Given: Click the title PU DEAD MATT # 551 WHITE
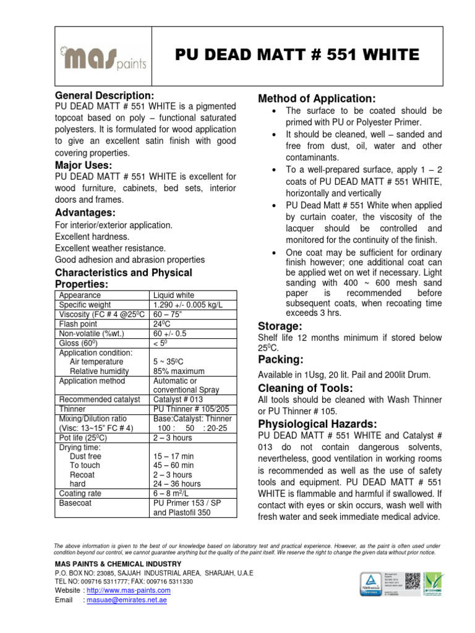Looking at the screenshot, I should (x=297, y=55).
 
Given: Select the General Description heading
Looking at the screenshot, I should (x=105, y=96).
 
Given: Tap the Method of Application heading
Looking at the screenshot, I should (x=316, y=99).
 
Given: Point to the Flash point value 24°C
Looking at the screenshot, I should (x=162, y=324).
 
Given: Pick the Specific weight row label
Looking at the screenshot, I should (x=85, y=305).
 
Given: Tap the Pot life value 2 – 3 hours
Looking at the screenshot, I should (x=173, y=438).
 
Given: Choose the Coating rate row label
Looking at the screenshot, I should (x=80, y=493).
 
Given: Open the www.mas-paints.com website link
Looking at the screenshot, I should (x=128, y=590).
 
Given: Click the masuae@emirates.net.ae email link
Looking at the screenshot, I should (x=128, y=600).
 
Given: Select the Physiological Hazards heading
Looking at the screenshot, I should (x=317, y=424).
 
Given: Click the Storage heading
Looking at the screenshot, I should (x=280, y=326).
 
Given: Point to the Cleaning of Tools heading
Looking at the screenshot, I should (x=305, y=388).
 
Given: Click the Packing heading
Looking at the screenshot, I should (x=280, y=360).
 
